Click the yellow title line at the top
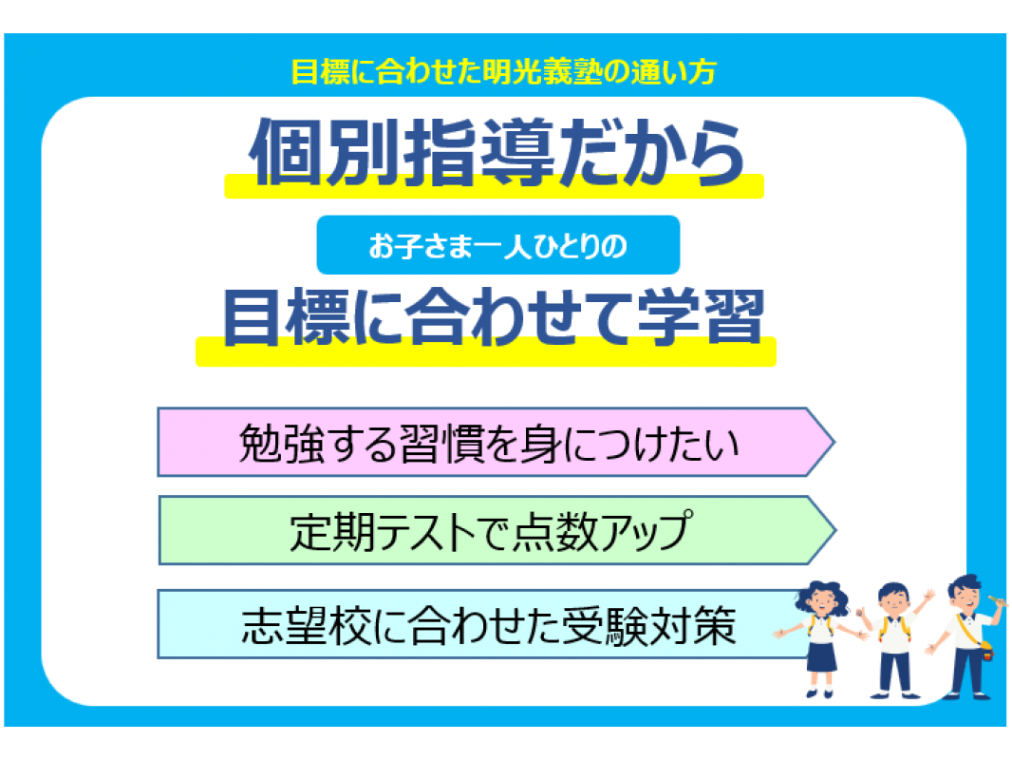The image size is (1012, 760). click(x=503, y=71)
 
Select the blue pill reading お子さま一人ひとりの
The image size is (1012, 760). click(x=497, y=245)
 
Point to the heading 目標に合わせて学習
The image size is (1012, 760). click(x=494, y=317)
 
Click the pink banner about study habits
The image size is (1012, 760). click(x=496, y=443)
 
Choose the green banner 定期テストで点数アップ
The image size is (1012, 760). click(x=497, y=530)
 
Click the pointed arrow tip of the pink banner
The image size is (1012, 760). click(x=834, y=443)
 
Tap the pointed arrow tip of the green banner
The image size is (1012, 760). click(x=835, y=531)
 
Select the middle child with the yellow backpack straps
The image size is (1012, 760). click(x=894, y=640)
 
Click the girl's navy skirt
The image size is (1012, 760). click(x=821, y=656)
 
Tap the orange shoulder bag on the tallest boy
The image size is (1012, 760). click(x=985, y=651)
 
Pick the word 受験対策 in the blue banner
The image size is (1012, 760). click(x=649, y=626)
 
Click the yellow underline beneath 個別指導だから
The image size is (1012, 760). click(x=494, y=186)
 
